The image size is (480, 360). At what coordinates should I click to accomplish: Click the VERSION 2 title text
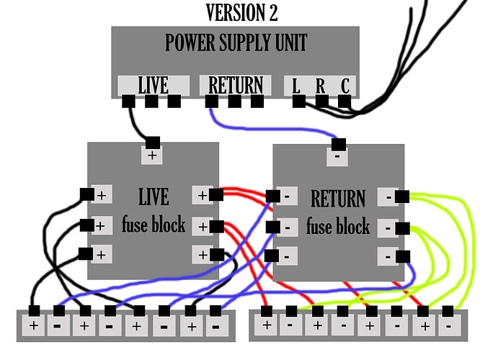point(241,12)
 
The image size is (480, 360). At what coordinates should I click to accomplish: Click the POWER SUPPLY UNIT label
point(236,42)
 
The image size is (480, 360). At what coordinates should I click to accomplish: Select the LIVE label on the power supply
point(153,85)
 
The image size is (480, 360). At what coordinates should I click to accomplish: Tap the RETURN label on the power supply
point(236,85)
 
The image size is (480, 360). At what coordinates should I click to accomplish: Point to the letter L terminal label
point(296,86)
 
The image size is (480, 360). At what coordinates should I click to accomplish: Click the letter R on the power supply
point(320,86)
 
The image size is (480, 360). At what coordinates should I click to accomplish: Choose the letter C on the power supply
point(345,86)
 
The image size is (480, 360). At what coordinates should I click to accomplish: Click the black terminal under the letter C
point(345,102)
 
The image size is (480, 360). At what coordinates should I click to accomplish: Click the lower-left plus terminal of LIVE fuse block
point(101,254)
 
